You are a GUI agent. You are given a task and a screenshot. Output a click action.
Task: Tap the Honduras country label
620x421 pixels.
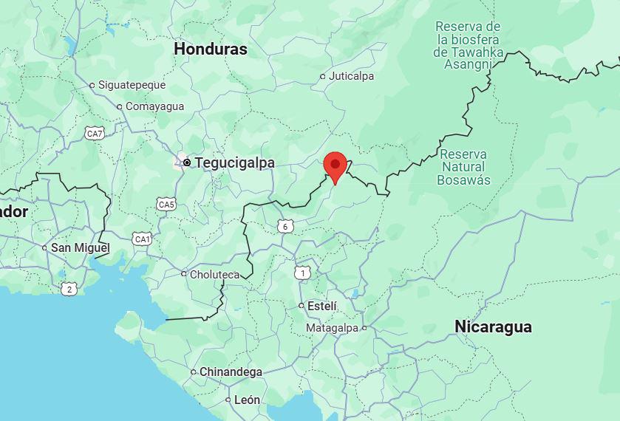click(211, 49)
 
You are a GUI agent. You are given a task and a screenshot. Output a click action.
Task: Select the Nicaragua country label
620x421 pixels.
click(493, 326)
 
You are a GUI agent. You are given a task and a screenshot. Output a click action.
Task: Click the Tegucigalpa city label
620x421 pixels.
click(228, 162)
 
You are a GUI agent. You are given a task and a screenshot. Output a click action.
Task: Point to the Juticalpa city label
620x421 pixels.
click(351, 76)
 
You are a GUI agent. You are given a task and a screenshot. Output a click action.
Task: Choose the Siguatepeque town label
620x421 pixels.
click(133, 85)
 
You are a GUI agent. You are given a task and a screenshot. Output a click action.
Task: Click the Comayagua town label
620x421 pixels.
click(154, 106)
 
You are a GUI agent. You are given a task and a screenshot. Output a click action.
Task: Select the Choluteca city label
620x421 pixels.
click(214, 274)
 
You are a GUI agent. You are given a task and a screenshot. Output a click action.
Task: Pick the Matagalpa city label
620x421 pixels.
click(332, 328)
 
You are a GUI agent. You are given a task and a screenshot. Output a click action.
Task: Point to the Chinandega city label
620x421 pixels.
click(231, 372)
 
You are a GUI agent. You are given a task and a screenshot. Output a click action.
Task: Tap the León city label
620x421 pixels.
click(247, 400)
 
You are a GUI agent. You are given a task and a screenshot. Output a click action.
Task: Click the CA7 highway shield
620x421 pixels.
click(95, 134)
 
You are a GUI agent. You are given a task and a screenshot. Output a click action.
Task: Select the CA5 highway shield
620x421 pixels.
click(166, 205)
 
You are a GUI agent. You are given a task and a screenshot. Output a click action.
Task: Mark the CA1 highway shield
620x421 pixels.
click(142, 239)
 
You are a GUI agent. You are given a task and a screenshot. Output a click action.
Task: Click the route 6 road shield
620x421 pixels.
click(285, 227)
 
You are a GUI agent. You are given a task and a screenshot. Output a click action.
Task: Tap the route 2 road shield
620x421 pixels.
click(69, 289)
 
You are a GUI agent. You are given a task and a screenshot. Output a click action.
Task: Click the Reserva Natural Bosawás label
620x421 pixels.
click(463, 167)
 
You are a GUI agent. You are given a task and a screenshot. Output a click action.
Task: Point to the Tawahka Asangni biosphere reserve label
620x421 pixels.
click(469, 46)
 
